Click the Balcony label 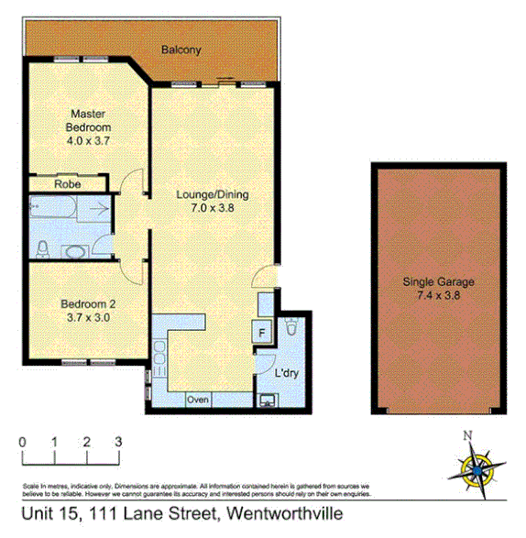(x=181, y=49)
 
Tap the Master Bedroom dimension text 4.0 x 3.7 (x=88, y=141)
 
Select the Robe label (x=67, y=184)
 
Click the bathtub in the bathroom (x=51, y=211)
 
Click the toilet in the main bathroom (x=43, y=247)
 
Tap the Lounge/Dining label (x=212, y=194)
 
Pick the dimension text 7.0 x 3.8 (x=212, y=208)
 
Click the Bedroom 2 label (x=88, y=304)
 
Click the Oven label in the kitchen (x=197, y=401)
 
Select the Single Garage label (x=437, y=282)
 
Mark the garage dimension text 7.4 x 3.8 (x=437, y=296)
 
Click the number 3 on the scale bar (x=118, y=442)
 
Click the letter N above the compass (x=467, y=436)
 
